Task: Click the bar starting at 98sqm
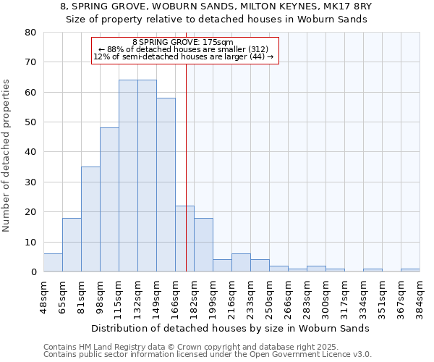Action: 109,200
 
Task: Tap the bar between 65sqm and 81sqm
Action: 72,245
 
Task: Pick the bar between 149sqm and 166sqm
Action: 166,185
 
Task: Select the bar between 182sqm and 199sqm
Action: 203,245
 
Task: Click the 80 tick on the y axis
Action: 30,32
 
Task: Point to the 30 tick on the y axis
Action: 30,182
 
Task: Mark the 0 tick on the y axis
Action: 33,272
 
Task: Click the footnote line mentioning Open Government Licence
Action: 208,354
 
